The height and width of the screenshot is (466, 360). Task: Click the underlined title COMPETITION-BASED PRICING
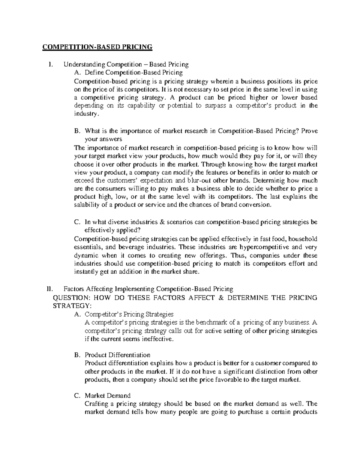pos(97,47)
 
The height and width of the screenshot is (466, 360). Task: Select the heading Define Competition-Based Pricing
pos(133,72)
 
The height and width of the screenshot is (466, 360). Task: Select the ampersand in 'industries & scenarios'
pos(163,222)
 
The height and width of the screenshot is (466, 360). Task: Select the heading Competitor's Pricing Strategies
pos(129,314)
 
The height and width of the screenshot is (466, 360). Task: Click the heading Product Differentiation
pos(117,355)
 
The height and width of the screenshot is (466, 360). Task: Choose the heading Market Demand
pos(107,395)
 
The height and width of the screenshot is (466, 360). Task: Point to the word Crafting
pos(97,404)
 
